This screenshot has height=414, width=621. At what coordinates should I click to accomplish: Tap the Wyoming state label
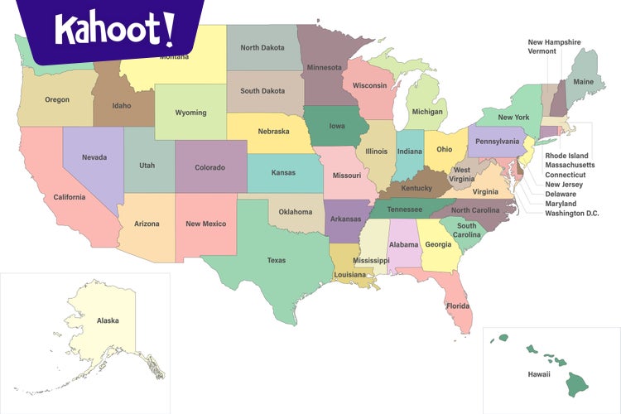coord(190,113)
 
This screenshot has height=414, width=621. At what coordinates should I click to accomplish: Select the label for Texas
coord(276,260)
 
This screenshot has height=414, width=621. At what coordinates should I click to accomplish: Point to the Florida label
coord(458,306)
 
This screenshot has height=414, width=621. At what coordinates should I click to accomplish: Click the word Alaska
coord(108,320)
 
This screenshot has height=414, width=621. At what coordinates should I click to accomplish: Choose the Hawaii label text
coord(539,374)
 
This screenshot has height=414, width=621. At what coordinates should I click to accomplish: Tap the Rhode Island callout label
coord(566,156)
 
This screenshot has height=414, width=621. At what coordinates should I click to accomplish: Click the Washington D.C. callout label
coord(571,214)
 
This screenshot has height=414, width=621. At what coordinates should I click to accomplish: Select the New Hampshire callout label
coord(554,42)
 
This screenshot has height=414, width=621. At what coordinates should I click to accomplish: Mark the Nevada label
coord(94,157)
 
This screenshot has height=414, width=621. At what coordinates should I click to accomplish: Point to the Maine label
coord(583,82)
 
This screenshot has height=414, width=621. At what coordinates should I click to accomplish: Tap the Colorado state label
coord(209,167)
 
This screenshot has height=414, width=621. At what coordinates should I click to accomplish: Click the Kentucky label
coord(416,188)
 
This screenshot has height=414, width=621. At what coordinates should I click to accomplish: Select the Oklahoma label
coord(296,211)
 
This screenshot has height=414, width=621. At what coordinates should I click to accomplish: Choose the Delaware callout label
coord(561,194)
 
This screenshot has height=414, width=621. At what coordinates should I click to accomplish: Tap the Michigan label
coord(427,112)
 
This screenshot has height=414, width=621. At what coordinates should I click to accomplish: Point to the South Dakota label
coord(262,91)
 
